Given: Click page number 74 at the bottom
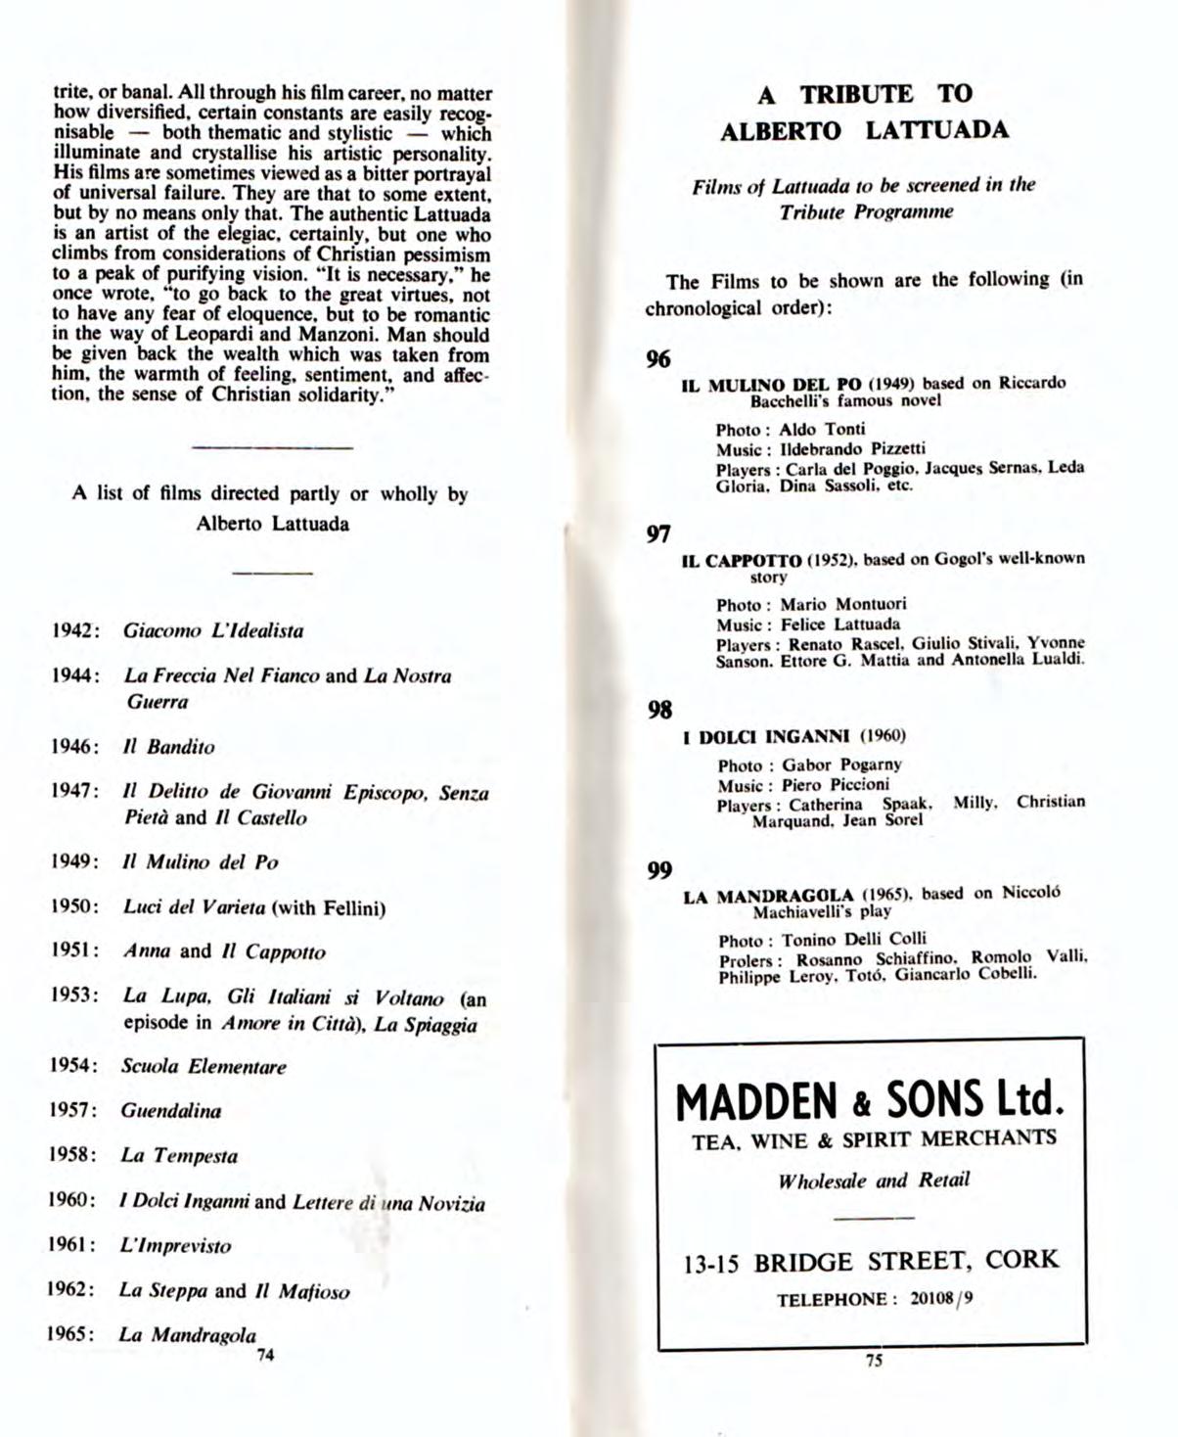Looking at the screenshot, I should coord(264,1355).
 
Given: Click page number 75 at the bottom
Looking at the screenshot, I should coord(874,1360).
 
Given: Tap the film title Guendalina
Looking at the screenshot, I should coord(171,1110).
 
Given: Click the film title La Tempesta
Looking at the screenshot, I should coord(179,1155).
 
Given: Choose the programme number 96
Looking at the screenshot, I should coord(658,359).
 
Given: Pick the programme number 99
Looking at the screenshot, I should coord(659,869).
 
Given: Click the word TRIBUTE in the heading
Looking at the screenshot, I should coord(857,94).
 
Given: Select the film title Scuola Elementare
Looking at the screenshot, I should coord(204,1066).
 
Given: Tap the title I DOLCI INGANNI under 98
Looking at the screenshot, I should coord(766,735).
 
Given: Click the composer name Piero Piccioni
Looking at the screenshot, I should coord(836,784).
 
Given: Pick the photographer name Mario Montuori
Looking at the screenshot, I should coord(842,604).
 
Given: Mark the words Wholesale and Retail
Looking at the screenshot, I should coord(874,1181).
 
